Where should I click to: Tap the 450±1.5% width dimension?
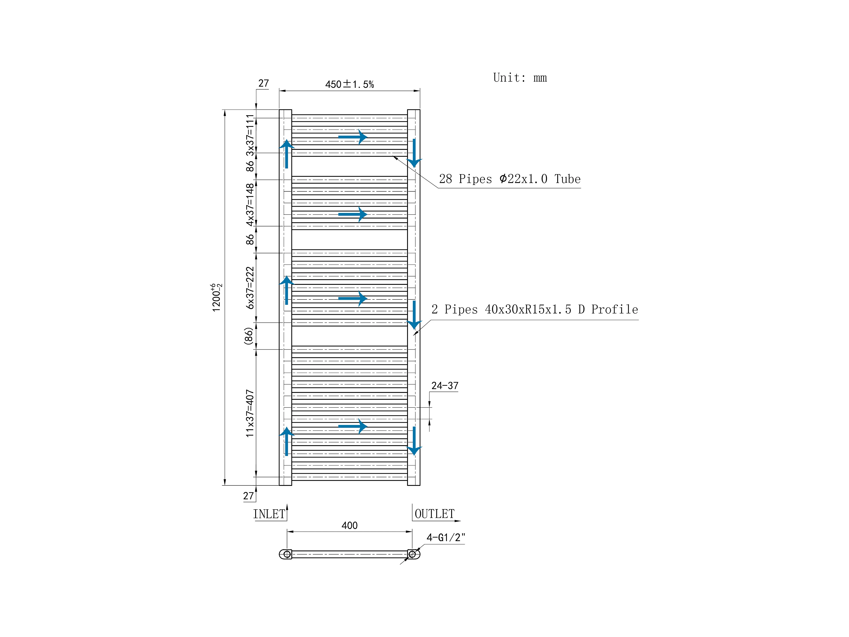click(x=349, y=84)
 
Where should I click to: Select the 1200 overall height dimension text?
click(x=216, y=298)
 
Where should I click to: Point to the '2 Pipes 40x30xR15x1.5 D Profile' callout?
click(x=535, y=310)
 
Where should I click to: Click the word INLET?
click(x=269, y=514)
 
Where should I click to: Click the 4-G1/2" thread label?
click(x=446, y=538)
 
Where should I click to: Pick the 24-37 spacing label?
click(x=445, y=386)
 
